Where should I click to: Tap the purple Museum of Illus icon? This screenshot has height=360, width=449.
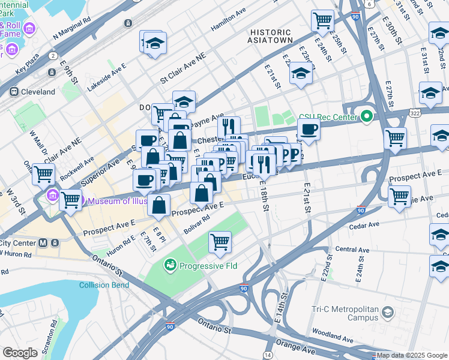(x=52, y=196)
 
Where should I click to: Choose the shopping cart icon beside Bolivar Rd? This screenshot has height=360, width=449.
(x=220, y=242)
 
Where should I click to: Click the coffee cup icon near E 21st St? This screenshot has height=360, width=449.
(x=309, y=129)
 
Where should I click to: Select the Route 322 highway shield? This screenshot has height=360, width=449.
(x=415, y=112)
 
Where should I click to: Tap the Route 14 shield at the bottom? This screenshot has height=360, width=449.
(x=268, y=355)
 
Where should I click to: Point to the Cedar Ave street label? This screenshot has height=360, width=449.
(x=366, y=225)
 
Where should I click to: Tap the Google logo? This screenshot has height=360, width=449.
(x=20, y=353)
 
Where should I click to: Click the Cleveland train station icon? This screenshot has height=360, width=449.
(x=13, y=92)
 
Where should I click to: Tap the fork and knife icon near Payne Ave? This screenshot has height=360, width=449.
(x=228, y=126)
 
